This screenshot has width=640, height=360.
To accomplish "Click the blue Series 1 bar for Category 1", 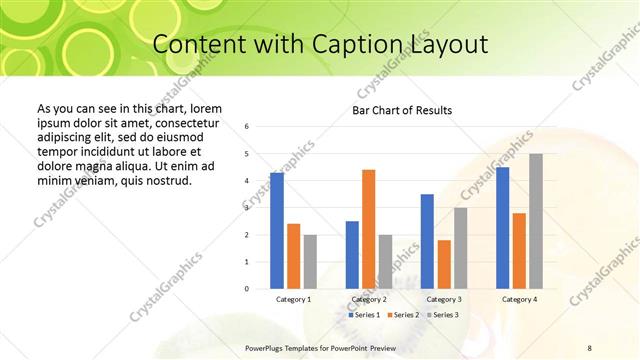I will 277,231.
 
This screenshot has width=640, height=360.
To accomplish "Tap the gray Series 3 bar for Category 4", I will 536,221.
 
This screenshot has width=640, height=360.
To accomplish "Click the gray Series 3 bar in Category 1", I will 310,262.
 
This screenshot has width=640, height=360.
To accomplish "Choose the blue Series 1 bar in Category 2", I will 352,255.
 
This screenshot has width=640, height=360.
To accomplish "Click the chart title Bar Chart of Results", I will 402,110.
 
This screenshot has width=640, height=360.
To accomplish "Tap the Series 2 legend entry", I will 402,315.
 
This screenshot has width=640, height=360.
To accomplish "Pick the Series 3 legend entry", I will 441,315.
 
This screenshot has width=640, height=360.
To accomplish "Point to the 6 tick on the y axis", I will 247,127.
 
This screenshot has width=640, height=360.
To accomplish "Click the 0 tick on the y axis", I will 247,289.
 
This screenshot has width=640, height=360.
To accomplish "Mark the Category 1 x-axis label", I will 293,299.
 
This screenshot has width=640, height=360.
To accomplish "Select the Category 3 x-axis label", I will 444,299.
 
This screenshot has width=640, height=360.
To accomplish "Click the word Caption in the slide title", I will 358,45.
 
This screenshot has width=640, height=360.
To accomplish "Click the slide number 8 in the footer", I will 589,346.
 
